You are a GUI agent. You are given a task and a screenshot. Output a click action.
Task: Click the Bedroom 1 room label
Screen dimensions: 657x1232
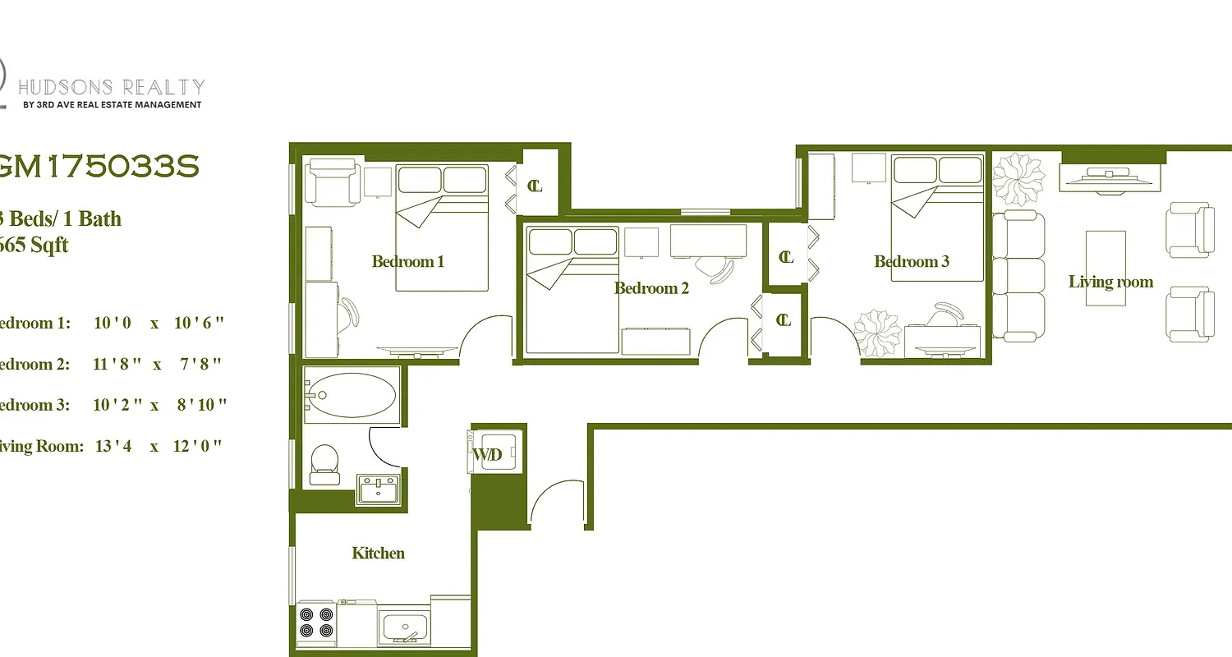(x=407, y=262)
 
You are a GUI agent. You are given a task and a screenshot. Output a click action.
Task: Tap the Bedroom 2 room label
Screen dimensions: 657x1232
(x=651, y=288)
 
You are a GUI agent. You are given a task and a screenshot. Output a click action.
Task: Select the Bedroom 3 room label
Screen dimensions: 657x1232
(x=912, y=262)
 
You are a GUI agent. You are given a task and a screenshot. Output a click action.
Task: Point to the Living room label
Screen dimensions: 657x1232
(x=1110, y=283)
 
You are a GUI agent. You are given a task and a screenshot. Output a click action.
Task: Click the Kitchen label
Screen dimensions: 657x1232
(x=378, y=554)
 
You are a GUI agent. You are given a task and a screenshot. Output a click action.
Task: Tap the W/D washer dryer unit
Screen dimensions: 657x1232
(x=495, y=453)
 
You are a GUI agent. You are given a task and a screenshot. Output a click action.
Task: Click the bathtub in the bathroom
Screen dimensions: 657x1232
(x=352, y=395)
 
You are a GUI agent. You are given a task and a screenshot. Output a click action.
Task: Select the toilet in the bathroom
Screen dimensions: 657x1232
(x=324, y=465)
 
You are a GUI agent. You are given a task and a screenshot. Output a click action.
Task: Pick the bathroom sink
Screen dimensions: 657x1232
(x=379, y=490)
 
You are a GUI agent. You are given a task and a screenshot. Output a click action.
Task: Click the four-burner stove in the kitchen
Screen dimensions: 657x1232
(x=316, y=623)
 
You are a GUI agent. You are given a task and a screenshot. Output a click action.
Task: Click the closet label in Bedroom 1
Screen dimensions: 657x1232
(x=535, y=186)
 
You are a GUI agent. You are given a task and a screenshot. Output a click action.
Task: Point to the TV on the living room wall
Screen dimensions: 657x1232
(x=1109, y=176)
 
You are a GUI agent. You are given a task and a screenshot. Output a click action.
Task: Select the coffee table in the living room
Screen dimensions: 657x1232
(x=1106, y=268)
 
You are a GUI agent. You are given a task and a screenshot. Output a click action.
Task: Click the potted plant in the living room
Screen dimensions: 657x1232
(x=1018, y=178)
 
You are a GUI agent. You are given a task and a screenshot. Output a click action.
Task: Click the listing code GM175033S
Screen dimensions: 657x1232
(x=99, y=167)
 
